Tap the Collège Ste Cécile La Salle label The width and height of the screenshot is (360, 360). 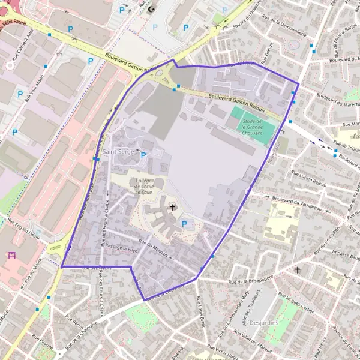pos(143,187)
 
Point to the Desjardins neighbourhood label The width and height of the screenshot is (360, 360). pos(264,322)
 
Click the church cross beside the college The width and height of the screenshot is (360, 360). pos(173,208)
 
